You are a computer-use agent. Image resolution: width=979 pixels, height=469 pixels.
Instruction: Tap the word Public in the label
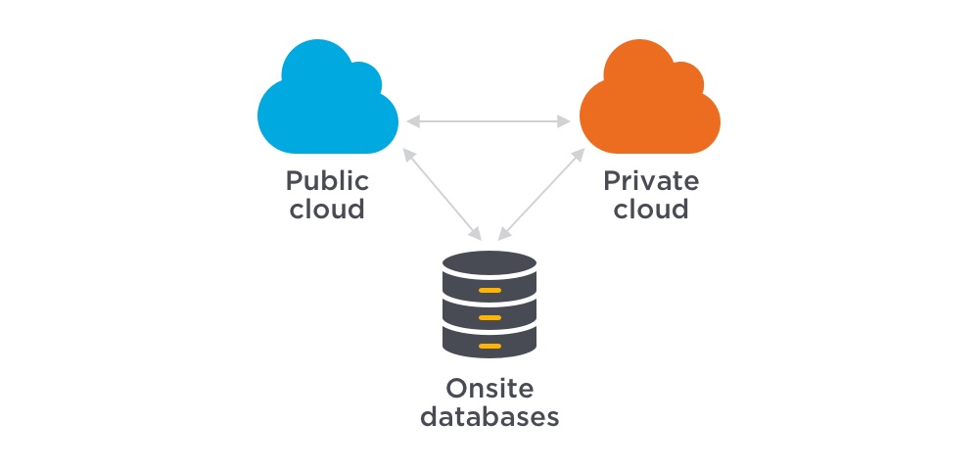(327, 181)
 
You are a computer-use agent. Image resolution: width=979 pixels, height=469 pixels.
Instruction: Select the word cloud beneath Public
(327, 209)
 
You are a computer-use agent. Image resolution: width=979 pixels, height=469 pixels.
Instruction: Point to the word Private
(651, 181)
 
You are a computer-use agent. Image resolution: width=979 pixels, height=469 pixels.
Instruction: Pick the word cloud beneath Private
(651, 209)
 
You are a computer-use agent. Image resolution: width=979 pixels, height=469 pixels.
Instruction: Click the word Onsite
(489, 388)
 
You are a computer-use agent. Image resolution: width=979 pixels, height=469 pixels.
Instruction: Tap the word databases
(489, 416)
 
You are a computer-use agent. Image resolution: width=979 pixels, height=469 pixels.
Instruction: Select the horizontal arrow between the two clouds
(489, 121)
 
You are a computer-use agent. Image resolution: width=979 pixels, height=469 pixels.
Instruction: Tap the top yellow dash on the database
(489, 291)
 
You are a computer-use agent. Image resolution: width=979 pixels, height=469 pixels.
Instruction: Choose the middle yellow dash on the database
(489, 318)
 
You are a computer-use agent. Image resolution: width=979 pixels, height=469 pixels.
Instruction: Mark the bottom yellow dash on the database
(489, 346)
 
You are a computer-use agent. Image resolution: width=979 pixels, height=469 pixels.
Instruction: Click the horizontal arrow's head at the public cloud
(413, 121)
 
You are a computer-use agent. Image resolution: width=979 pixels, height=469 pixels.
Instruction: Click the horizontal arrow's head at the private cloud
(565, 121)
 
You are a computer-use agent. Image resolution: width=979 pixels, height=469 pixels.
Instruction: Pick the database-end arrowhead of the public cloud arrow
(476, 235)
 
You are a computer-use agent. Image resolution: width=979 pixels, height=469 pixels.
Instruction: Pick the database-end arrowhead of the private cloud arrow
(502, 235)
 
